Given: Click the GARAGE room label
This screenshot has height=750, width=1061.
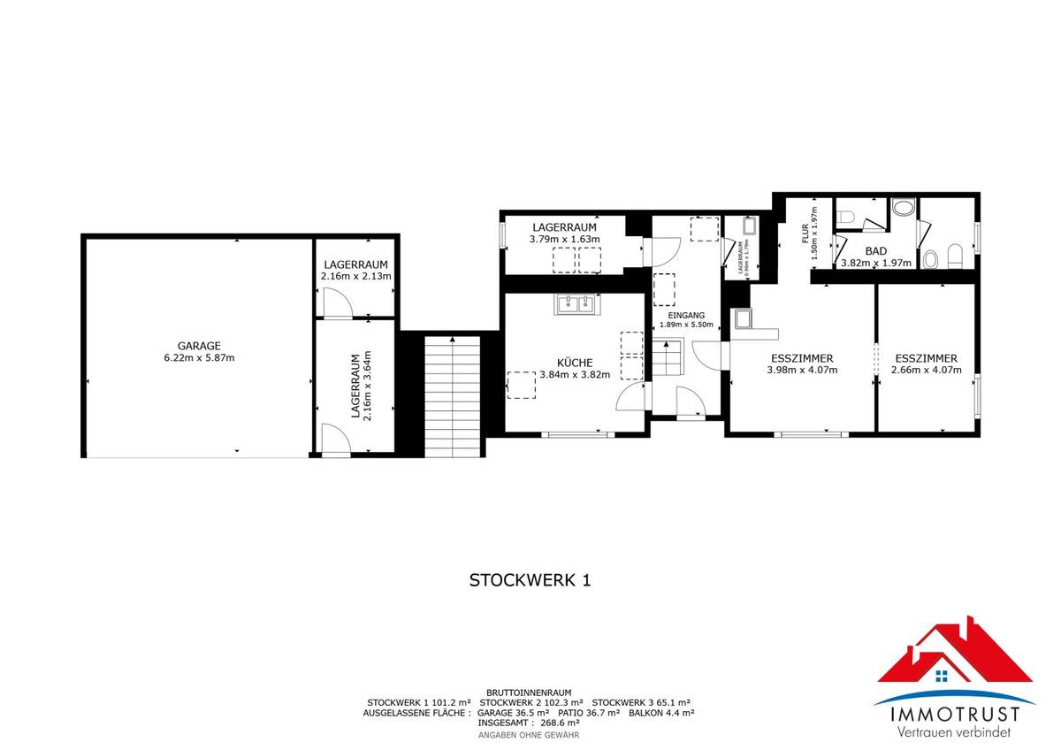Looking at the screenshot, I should pyautogui.click(x=198, y=346).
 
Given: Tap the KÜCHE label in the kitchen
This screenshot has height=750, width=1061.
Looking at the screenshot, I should pyautogui.click(x=575, y=362).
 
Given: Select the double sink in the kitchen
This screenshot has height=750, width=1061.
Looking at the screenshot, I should pyautogui.click(x=576, y=304).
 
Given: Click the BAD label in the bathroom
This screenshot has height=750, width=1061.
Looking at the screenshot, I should pyautogui.click(x=875, y=251).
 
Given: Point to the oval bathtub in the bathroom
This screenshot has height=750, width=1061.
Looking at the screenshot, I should pyautogui.click(x=904, y=209).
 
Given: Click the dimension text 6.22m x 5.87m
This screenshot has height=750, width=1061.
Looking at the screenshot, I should pyautogui.click(x=198, y=358).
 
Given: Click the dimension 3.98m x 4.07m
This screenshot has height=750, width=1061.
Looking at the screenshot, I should pyautogui.click(x=801, y=371).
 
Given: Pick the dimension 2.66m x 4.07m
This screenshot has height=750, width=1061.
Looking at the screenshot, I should pyautogui.click(x=926, y=371).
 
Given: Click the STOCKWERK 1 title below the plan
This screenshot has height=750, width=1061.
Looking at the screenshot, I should pyautogui.click(x=529, y=580).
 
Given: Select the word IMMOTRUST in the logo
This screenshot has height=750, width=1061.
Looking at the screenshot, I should pyautogui.click(x=947, y=714).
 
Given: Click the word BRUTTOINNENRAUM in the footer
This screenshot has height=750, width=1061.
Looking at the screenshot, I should pyautogui.click(x=529, y=693).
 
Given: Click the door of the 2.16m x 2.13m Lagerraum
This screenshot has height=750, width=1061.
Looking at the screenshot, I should pyautogui.click(x=337, y=305).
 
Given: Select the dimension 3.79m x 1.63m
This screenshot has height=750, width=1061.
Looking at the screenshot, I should pyautogui.click(x=564, y=239).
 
